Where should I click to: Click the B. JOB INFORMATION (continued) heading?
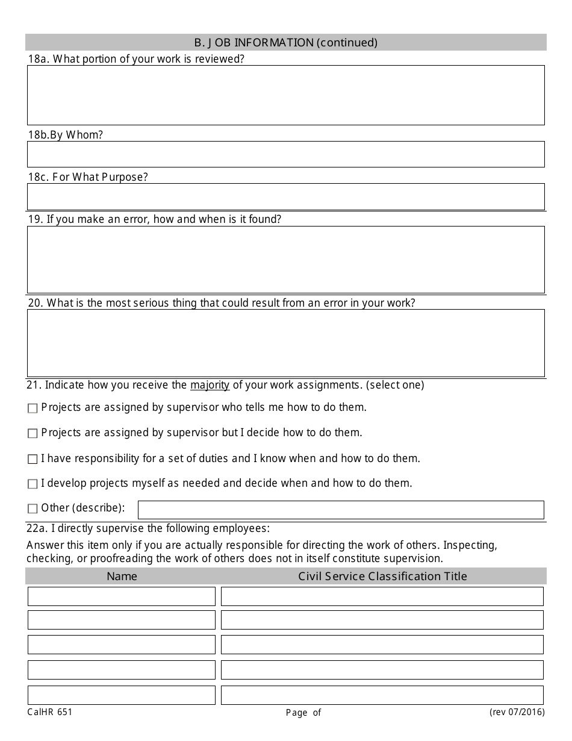coord(286,42)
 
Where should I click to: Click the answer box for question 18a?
coord(286,95)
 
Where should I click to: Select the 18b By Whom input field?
coord(286,154)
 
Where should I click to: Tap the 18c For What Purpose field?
coord(286,196)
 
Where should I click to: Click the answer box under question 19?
coord(286,260)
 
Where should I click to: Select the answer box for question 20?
coord(286,343)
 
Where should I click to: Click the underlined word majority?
coord(210,385)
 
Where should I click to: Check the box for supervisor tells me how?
coord(33,408)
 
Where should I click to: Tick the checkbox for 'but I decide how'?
coord(33,434)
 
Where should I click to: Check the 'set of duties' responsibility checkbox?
coord(33,459)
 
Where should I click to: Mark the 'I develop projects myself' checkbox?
coord(33,484)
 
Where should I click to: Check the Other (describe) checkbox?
coord(33,509)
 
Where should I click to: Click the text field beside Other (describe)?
coord(341,510)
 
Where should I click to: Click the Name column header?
coord(122,576)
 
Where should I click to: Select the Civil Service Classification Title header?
coord(382,576)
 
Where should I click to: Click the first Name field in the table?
coord(122,596)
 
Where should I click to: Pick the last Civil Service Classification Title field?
coord(382,695)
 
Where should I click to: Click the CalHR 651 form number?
coord(49,712)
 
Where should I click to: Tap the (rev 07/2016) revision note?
coord(517,712)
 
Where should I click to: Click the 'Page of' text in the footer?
coord(303,713)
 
